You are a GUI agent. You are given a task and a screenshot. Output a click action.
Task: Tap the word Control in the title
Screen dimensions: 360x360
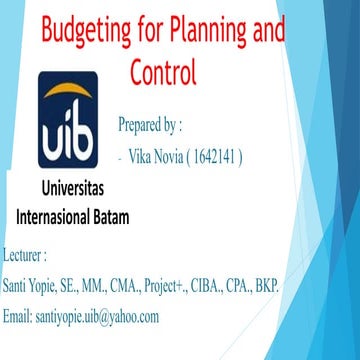[164, 72]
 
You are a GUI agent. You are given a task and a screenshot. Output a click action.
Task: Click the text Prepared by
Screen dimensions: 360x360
[150, 125]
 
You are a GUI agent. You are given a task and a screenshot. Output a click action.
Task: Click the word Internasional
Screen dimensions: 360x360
[59, 216]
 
